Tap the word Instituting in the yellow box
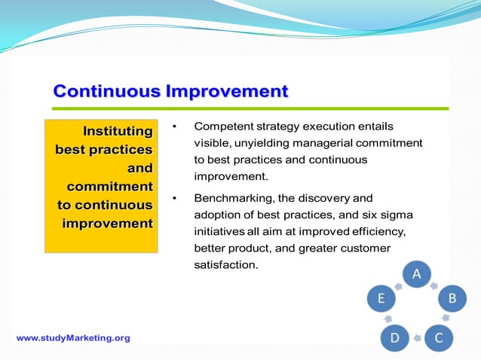[x=118, y=131]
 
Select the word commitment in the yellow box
[x=109, y=186]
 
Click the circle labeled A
[x=415, y=274]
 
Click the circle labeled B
[x=452, y=299]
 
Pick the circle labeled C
[x=439, y=338]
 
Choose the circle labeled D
[x=394, y=338]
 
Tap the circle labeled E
[x=381, y=299]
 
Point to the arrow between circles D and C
[x=416, y=340]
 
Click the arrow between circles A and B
[x=436, y=285]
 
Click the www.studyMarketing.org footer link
[x=73, y=338]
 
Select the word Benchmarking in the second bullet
[x=231, y=199]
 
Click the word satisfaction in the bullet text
[x=226, y=265]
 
